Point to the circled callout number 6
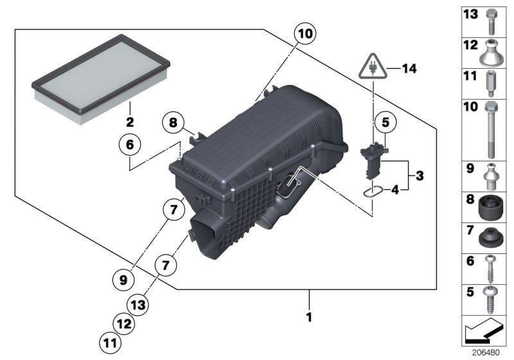128,147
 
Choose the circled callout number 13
140,303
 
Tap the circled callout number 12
124,322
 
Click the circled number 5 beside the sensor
385,120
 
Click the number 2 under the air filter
129,122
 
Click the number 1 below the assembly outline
309,317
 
